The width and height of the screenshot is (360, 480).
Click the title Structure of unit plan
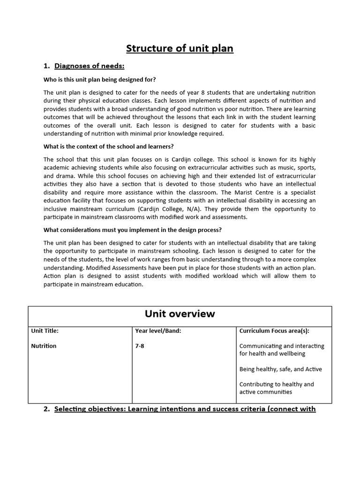tap(180, 48)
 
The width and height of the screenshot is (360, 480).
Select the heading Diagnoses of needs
tap(89, 66)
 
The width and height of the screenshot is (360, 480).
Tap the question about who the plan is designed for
tap(100, 79)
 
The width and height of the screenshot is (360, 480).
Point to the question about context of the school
tap(109, 146)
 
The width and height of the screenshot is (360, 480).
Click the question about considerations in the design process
tap(133, 230)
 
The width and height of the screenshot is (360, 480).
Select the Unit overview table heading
tap(180, 314)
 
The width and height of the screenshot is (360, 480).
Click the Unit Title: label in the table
tap(45, 330)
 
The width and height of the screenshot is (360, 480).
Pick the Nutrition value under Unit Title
tap(44, 346)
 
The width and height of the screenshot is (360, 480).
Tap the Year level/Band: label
tap(158, 330)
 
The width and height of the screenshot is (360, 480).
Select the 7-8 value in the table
tap(140, 346)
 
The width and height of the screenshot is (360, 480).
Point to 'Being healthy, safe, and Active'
tap(281, 369)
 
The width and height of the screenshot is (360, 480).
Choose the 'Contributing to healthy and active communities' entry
tap(277, 388)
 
